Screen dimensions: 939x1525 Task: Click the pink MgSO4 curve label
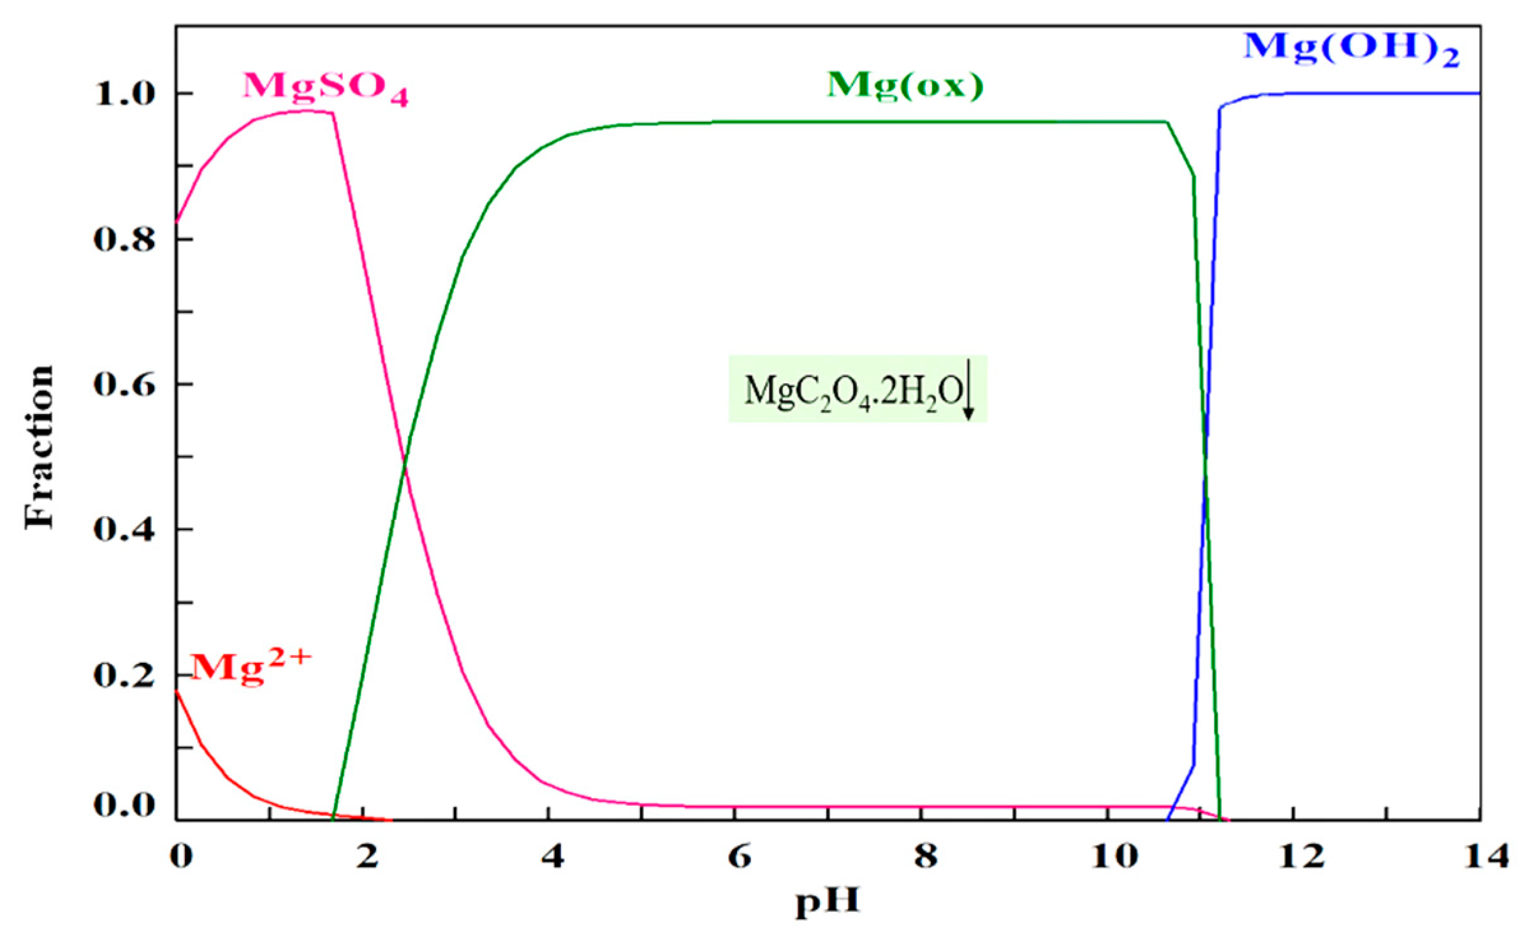325,87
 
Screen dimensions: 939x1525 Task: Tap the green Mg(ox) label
905,85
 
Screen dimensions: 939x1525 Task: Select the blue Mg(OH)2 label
1351,48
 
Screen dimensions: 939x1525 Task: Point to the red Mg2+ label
251,668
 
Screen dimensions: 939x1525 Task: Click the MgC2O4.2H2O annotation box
857,389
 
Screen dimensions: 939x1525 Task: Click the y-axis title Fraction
40,447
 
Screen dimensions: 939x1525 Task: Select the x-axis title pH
828,901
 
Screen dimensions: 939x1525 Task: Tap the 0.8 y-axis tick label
125,240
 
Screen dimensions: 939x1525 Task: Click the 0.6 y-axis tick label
125,385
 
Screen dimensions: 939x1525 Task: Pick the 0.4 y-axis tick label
125,529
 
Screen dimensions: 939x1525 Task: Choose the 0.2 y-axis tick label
125,675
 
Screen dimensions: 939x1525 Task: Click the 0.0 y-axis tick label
125,805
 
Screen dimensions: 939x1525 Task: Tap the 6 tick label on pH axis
739,857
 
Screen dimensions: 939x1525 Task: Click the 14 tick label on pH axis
1485,857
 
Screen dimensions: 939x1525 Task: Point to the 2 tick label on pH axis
367,857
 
